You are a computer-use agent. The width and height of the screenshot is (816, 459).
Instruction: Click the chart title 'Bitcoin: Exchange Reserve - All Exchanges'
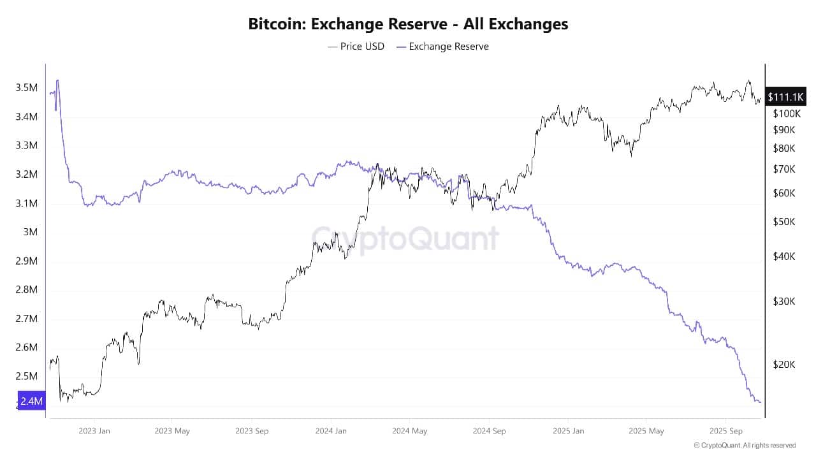point(408,24)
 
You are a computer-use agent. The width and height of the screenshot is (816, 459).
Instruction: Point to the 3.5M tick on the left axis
point(26,87)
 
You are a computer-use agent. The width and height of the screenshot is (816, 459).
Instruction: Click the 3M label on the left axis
point(29,232)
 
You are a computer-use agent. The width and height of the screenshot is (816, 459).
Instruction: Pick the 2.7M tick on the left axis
point(26,319)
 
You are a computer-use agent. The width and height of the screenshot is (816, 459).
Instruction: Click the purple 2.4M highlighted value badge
point(31,401)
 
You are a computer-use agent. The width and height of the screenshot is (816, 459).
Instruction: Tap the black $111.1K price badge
point(785,97)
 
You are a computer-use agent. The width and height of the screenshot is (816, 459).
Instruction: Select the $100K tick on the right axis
point(787,113)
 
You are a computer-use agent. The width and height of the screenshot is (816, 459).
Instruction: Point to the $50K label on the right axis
point(784,222)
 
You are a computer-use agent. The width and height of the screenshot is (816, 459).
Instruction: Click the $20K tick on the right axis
point(784,365)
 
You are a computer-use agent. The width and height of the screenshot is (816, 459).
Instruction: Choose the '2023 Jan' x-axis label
point(94,431)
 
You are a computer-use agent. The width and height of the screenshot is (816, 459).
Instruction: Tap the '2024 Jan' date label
point(331,431)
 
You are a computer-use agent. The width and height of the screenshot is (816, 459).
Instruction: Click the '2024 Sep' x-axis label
point(489,431)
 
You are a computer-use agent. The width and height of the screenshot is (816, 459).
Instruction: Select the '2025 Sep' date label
point(726,431)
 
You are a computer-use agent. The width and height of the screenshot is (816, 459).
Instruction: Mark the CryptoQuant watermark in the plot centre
point(405,238)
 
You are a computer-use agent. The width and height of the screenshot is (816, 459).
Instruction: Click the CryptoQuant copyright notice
point(745,446)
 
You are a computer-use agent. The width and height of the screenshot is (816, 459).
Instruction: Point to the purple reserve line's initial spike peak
point(57,80)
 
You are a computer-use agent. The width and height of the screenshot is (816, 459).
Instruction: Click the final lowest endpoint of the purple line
point(760,402)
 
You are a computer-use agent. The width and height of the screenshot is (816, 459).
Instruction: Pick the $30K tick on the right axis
point(784,302)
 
